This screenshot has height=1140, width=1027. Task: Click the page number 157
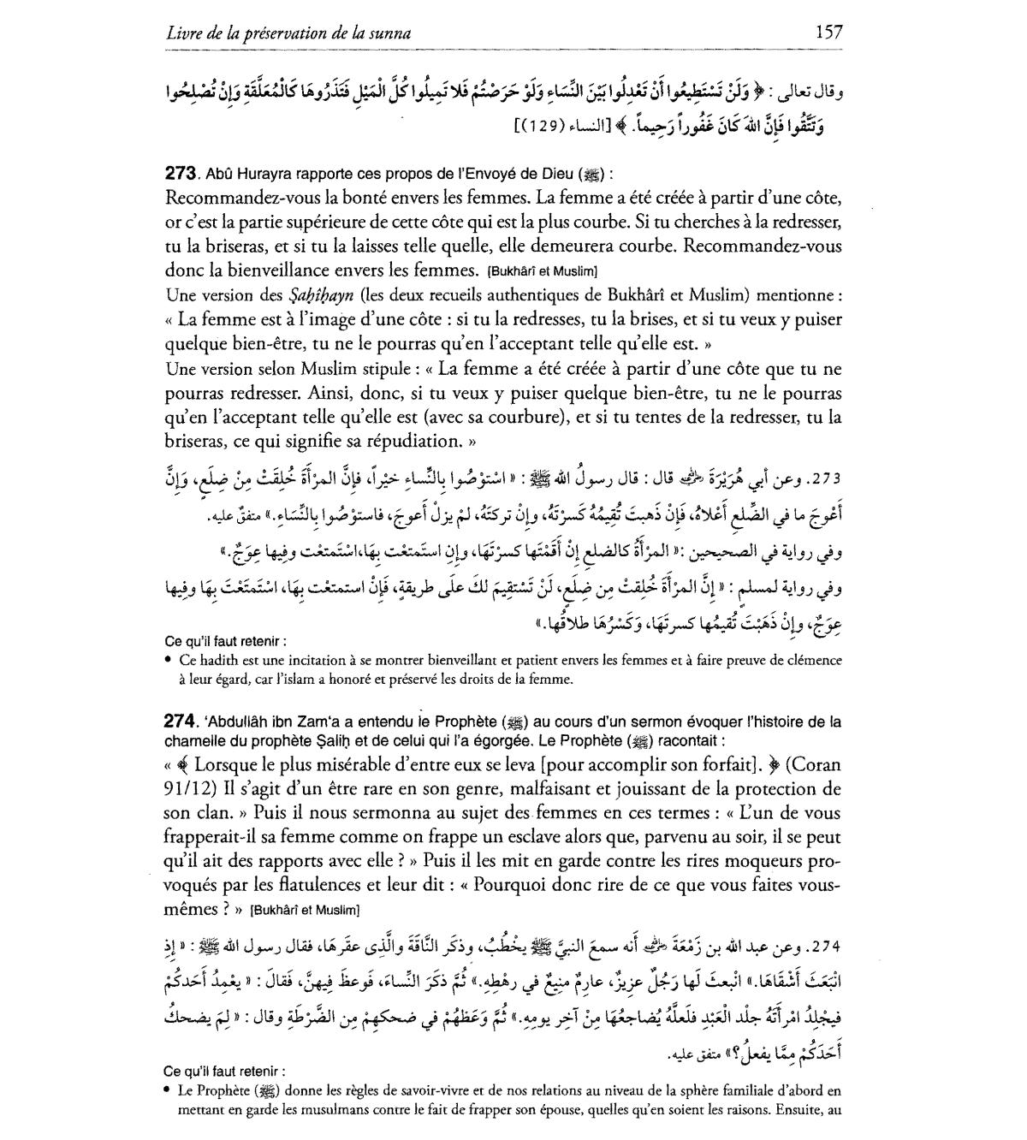pos(828,33)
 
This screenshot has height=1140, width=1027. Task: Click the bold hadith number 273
pos(182,172)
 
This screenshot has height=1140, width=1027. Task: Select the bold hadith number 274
pos(182,721)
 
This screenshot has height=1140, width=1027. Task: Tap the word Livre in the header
pos(184,33)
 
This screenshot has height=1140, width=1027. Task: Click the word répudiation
pos(414,442)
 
